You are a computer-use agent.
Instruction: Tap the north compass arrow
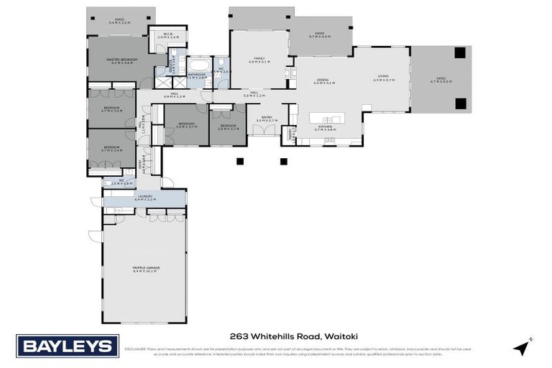pos(522,346)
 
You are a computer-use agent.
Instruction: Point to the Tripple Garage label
pos(147,269)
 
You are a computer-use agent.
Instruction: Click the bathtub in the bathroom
pos(198,67)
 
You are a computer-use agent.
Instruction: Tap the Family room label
pos(259,60)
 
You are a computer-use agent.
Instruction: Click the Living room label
pos(383,78)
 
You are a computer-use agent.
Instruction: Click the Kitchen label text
pos(325,128)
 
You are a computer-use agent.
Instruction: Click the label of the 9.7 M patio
pos(320,34)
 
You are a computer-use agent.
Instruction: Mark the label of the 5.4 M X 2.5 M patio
pos(119,21)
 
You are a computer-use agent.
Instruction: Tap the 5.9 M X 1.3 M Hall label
pos(255,93)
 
